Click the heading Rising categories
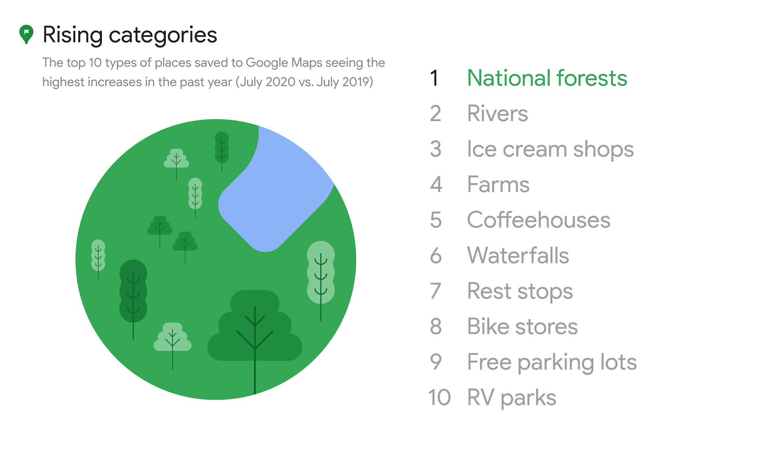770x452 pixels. click(130, 35)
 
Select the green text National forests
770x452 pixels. click(547, 78)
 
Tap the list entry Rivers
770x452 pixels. click(497, 114)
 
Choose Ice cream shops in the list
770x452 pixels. click(550, 149)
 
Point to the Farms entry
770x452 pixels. click(498, 185)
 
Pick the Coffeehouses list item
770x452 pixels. click(539, 220)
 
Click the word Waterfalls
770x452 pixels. click(518, 256)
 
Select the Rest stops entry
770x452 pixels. click(520, 291)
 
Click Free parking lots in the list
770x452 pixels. click(552, 362)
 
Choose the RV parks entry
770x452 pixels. click(512, 398)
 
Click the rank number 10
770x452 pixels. click(440, 397)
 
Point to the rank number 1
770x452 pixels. click(434, 78)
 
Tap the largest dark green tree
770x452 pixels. click(255, 331)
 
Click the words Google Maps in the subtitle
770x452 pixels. click(284, 62)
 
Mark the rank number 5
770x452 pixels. click(436, 220)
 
